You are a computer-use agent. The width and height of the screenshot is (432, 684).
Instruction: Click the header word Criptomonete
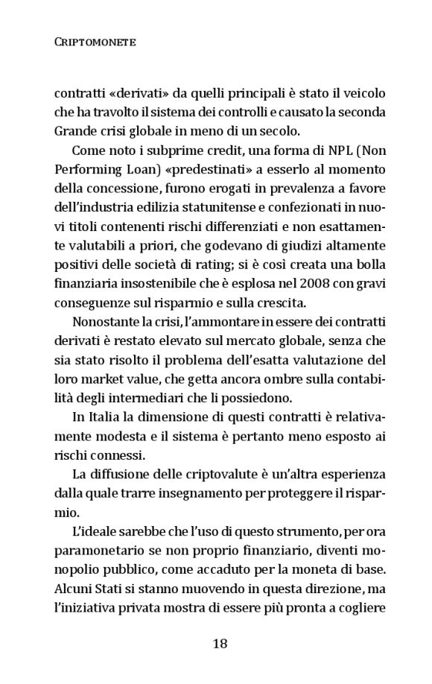[x=95, y=42]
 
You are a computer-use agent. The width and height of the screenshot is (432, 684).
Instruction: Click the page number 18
[x=219, y=644]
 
